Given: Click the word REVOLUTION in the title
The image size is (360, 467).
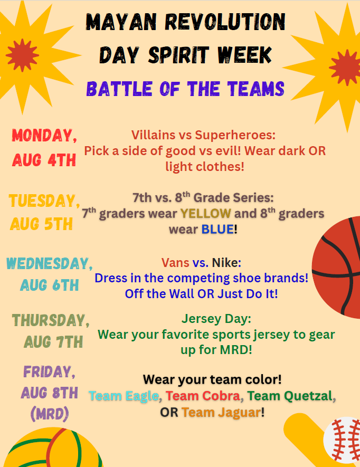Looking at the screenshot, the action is coord(225,22).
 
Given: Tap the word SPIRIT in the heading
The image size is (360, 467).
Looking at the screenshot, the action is coord(178,55).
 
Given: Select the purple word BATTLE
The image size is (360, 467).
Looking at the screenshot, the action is coord(119,89).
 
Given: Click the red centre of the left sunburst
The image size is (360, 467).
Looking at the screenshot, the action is coord(22,55).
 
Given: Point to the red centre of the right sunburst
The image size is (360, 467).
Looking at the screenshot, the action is coord(346,68).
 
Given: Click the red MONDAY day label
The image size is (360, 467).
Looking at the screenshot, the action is coord(44,136).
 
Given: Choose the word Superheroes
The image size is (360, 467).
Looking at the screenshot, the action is coord(235,135).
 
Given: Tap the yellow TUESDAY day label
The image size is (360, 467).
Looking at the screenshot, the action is coord(44,201).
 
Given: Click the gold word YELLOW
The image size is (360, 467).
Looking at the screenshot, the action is coord(206,214).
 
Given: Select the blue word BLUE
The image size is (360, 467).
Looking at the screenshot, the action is coord(217,230).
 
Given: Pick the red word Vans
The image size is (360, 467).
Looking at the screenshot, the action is coord(175,263).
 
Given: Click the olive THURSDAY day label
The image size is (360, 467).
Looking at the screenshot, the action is coord(51,320).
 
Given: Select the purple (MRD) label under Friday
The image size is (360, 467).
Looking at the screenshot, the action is coord(50,414).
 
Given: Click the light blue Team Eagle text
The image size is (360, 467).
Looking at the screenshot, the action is coord(124,396).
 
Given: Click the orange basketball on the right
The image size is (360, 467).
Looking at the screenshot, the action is coord(337,268).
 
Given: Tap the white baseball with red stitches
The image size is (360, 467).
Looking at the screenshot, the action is coord(343,440).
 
